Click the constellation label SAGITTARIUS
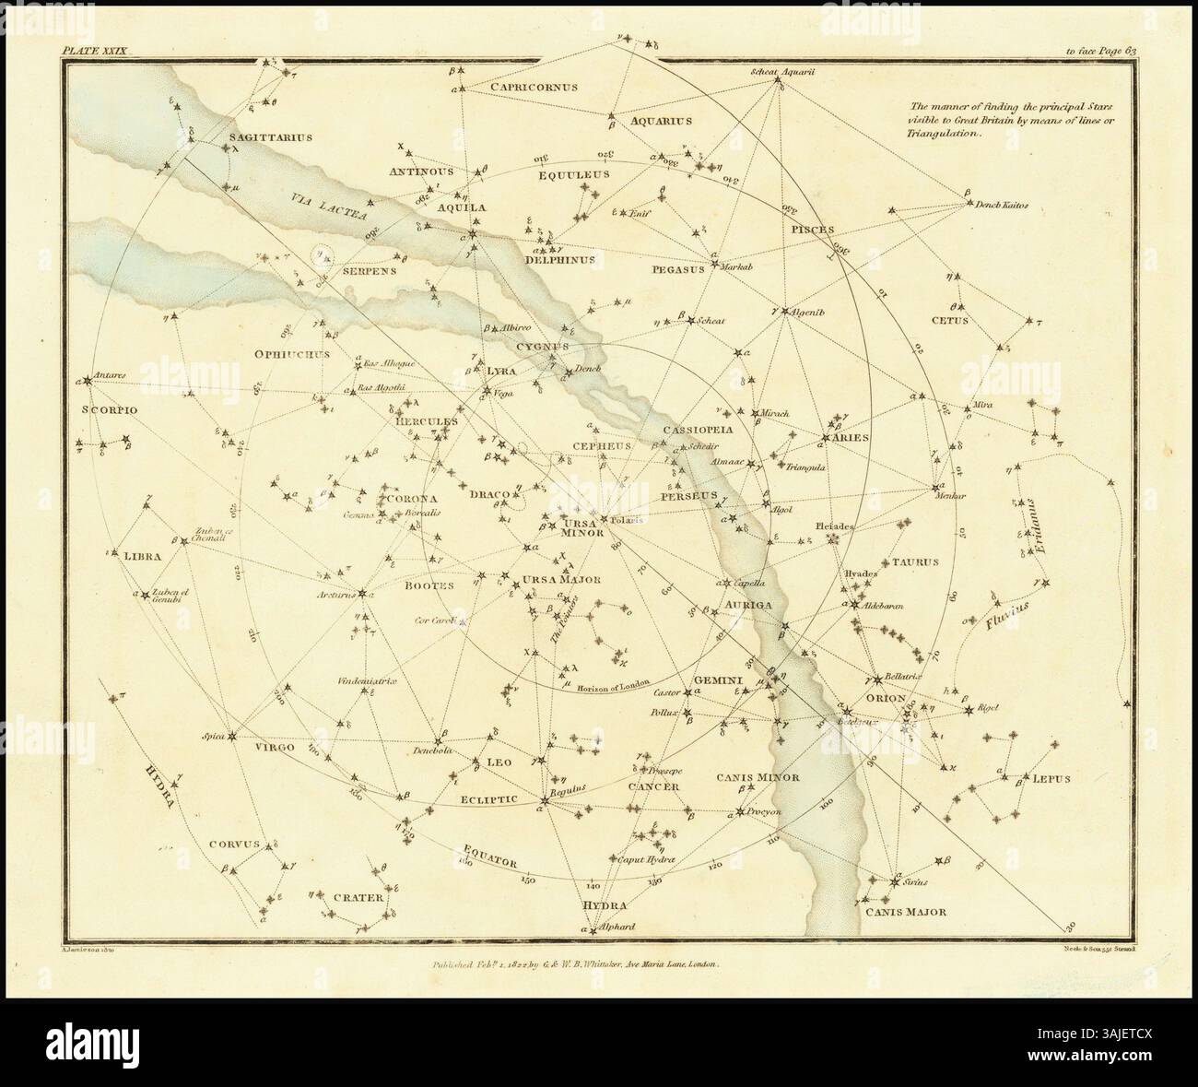pyautogui.click(x=270, y=136)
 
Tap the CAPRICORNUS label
pyautogui.click(x=534, y=87)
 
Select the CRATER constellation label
pyautogui.click(x=358, y=895)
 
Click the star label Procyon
pyautogui.click(x=764, y=811)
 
